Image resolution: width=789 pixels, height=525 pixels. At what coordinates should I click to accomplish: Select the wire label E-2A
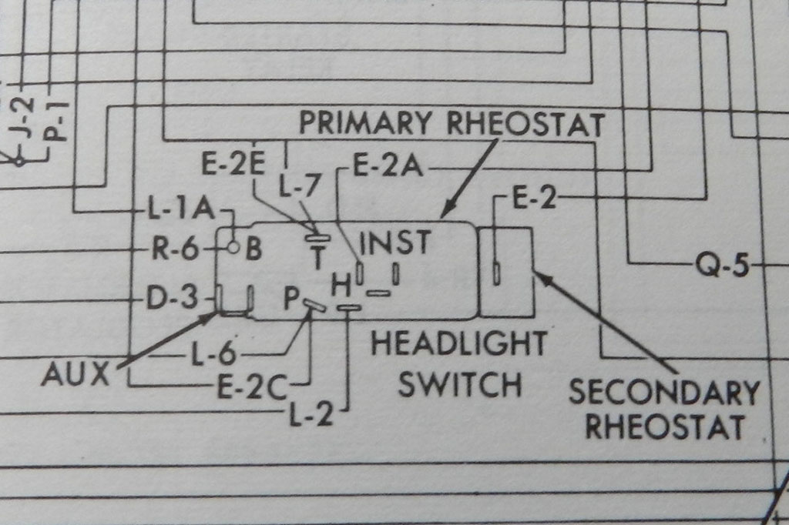click(x=388, y=167)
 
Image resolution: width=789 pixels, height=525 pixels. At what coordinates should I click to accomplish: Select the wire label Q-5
click(x=722, y=266)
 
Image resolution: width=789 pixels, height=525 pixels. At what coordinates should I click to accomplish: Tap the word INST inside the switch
click(x=394, y=241)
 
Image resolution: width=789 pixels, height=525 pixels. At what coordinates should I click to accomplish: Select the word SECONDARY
click(x=663, y=393)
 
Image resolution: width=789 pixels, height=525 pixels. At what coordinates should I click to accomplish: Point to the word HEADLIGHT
click(x=459, y=343)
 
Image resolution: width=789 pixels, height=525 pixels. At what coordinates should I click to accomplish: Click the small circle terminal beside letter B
click(x=232, y=248)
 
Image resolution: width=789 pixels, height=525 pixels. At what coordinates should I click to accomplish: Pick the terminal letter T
click(x=316, y=256)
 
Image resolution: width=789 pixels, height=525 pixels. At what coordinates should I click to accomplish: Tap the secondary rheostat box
click(x=506, y=272)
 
